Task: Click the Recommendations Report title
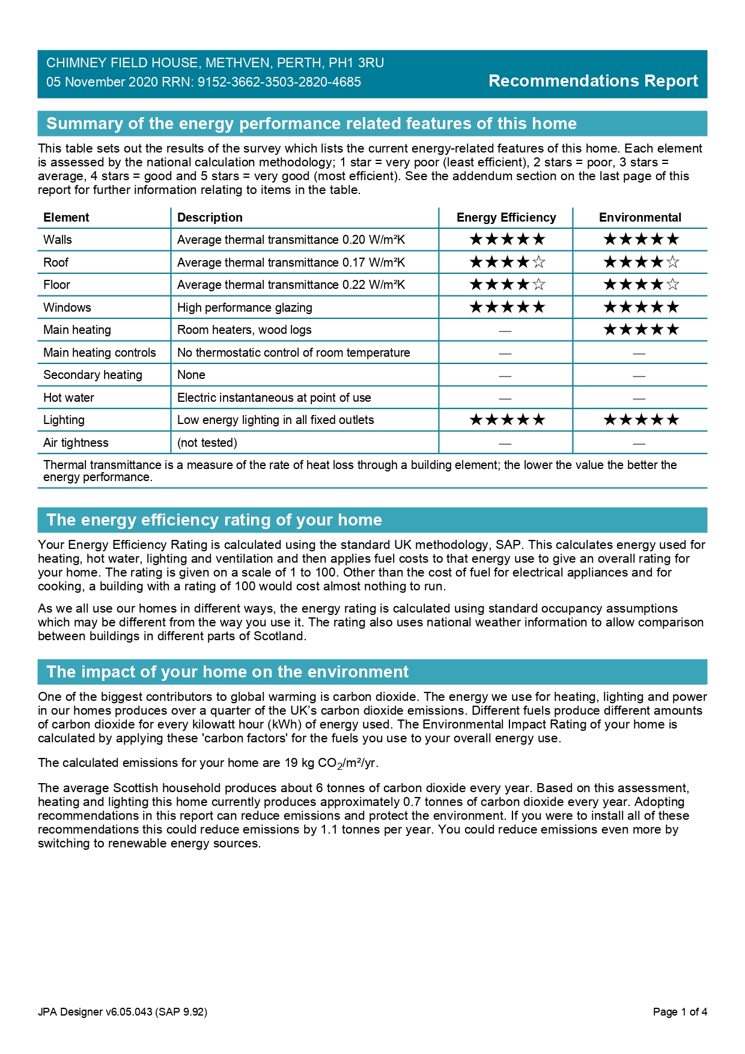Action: [x=593, y=81]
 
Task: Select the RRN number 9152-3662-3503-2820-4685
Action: [x=279, y=82]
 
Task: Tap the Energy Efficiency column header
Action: [x=506, y=217]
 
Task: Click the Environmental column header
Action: [x=640, y=217]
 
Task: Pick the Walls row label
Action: [x=58, y=240]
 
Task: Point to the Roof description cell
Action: [x=291, y=262]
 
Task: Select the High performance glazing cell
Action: [x=245, y=307]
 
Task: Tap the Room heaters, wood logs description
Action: [x=244, y=330]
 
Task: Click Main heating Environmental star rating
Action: [x=641, y=329]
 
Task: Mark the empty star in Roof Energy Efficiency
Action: [x=539, y=262]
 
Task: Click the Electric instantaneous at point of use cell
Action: [x=274, y=398]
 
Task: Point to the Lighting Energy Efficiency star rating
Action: [x=507, y=419]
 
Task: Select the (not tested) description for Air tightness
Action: [x=207, y=443]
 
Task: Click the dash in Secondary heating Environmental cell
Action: [x=639, y=376]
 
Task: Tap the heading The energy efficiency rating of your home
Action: [x=214, y=520]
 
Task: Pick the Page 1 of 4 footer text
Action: [x=680, y=1012]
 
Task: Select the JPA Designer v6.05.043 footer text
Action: [x=123, y=1012]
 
